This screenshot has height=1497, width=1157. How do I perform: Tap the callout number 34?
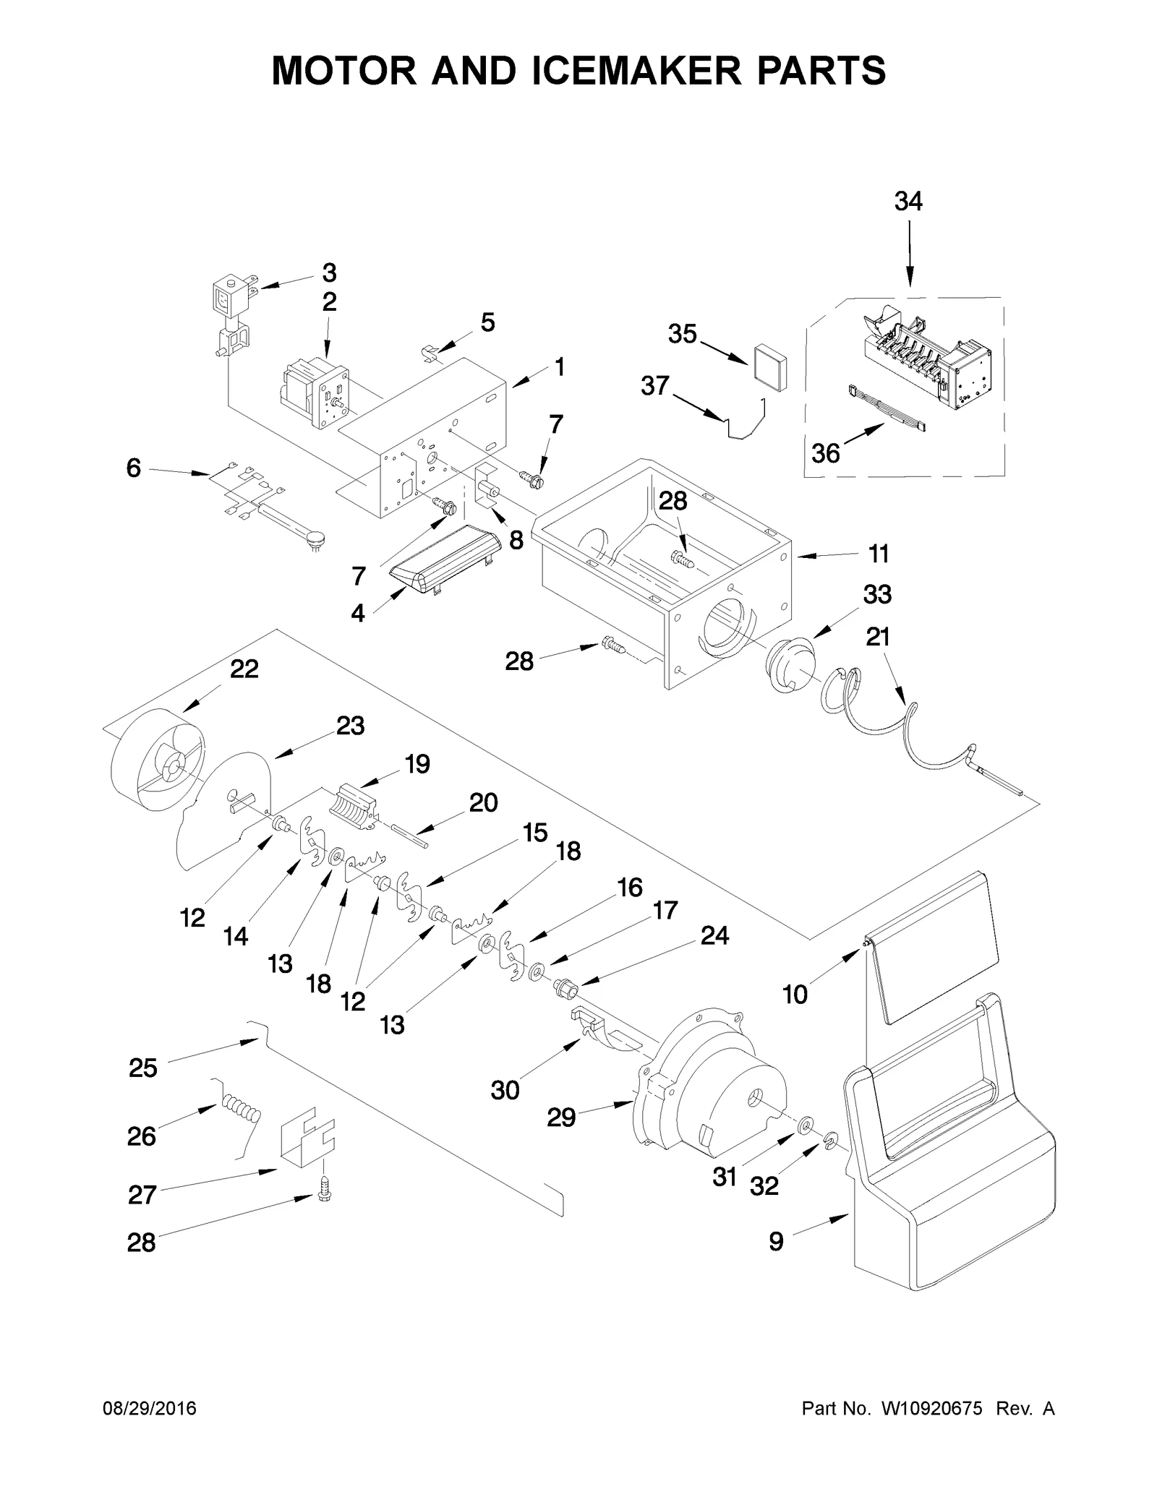908,202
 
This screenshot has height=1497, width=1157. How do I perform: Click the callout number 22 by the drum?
244,669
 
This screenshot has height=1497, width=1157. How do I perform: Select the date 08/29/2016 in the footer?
149,1409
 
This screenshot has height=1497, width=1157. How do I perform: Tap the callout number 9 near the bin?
776,1242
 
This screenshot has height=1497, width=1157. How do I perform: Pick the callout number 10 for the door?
795,995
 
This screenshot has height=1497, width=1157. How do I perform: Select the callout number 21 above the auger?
878,637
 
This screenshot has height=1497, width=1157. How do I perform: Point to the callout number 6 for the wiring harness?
134,468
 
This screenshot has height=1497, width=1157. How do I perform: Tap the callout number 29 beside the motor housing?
561,1118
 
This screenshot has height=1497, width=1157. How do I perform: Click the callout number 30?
505,1090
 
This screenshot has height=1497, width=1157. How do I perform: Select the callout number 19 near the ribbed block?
417,763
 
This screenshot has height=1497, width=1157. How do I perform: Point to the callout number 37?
655,386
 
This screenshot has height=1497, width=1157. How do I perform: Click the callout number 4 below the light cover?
358,614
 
